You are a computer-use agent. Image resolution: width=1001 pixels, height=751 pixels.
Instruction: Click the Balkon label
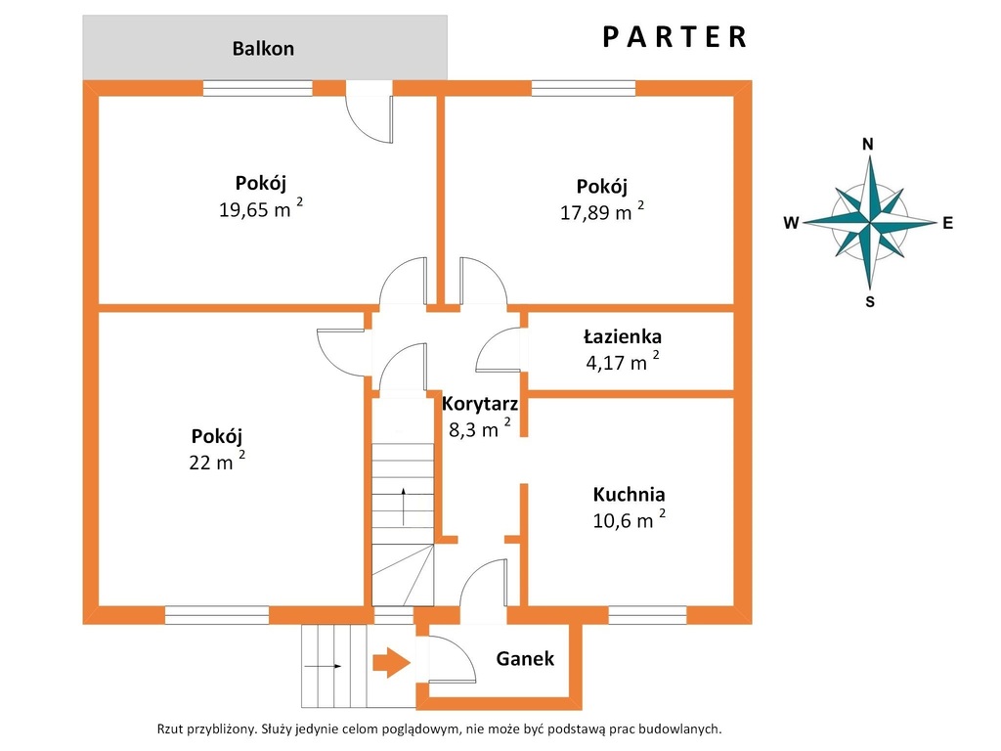pos(263,49)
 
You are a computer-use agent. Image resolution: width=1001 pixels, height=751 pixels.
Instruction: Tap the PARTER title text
pos(675,37)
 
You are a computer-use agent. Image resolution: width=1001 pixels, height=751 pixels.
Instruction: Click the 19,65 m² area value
pos(260,208)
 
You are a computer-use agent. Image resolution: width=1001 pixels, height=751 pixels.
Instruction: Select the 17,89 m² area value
pos(602,211)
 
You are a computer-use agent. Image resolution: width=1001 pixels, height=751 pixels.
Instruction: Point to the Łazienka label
pos(623,336)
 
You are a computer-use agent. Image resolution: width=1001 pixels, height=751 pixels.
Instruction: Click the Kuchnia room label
pos(629,494)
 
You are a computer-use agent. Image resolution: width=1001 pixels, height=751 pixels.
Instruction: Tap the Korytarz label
pos(479,404)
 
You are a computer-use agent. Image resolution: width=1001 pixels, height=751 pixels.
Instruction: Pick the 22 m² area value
pos(217,461)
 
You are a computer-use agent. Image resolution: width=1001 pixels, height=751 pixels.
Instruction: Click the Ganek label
pos(525,658)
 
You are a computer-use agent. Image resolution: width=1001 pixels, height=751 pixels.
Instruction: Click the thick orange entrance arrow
pos(391,663)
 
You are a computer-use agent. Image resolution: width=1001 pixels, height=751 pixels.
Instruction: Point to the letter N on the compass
pos(868,145)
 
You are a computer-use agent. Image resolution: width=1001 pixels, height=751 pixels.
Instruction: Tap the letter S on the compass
pos(869,302)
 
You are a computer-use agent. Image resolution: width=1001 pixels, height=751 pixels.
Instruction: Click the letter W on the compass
pos(791,223)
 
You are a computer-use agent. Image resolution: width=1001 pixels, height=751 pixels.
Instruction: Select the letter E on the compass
pos(947,223)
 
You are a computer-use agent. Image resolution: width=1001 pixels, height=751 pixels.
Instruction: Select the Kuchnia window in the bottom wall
pos(647,615)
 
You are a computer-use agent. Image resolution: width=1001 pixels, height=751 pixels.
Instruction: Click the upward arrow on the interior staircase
pos(404,507)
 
